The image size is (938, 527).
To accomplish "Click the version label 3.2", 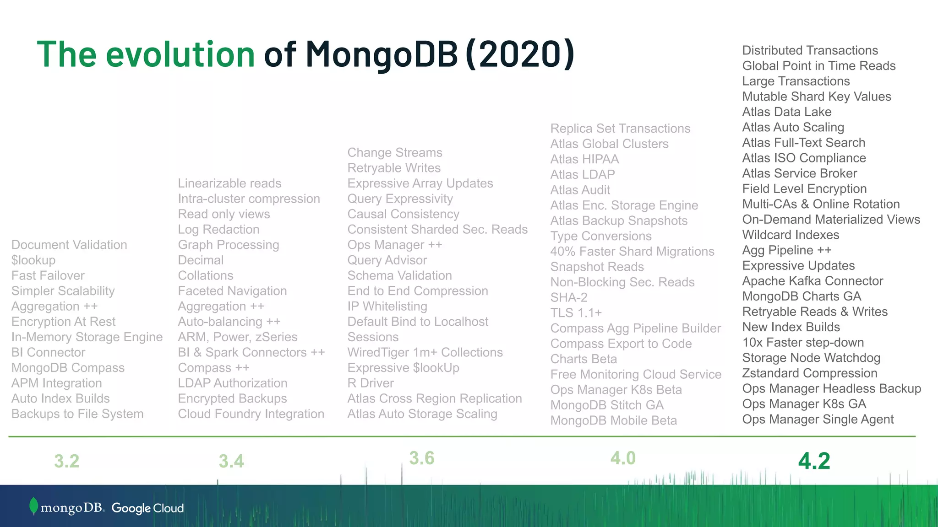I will pos(67,461).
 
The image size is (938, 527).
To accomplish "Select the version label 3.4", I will pos(231,461).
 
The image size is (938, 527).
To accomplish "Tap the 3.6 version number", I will pos(421,458).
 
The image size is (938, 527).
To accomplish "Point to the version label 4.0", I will pos(623,458).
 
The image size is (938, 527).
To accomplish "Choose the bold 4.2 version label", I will pos(814,461).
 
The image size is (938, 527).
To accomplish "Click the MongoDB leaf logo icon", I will pos(33,506).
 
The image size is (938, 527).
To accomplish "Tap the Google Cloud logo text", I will pos(147,508).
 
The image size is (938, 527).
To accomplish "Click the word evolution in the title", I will pos(180,54).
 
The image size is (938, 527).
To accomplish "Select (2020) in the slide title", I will pos(519,54).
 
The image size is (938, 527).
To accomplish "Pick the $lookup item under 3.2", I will pos(33,260).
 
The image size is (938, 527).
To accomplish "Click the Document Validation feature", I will pos(69,245).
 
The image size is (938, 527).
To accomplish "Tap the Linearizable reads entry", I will pos(229,183).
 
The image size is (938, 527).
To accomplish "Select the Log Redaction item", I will pos(218,230).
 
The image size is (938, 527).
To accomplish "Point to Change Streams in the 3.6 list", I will pos(395,153).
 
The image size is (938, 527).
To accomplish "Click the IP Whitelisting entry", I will pos(387,307).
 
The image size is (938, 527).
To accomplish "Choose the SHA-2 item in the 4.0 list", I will pos(569,298).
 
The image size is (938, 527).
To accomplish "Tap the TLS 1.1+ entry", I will pos(576,313).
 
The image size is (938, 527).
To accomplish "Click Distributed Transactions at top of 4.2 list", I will pos(810,50).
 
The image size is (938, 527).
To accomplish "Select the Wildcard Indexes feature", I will pos(791,235).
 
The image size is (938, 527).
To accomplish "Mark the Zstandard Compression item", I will pos(810,373).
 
